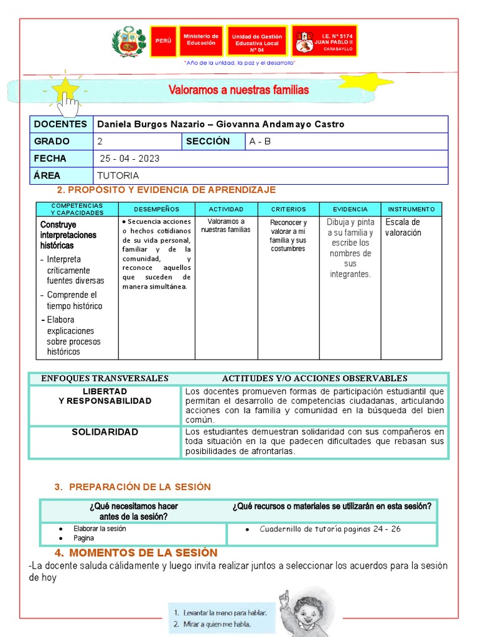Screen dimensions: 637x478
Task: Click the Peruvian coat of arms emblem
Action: (128, 42)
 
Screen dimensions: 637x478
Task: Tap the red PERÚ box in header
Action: (163, 41)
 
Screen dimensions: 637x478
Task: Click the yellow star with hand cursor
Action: (67, 93)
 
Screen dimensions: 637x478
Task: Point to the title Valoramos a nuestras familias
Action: (238, 90)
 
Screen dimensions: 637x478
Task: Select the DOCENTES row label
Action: (60, 124)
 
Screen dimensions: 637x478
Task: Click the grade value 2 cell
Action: (137, 141)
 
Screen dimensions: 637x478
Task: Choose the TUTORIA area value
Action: (118, 175)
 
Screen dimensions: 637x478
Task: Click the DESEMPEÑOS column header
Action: (156, 209)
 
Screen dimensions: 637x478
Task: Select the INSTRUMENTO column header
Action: (411, 209)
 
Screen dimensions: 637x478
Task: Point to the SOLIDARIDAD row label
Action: (105, 432)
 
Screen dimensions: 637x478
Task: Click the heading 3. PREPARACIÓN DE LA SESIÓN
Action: (133, 486)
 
